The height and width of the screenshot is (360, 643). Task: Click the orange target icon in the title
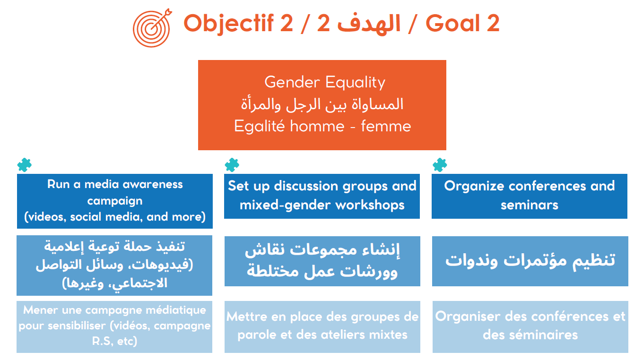[152, 28]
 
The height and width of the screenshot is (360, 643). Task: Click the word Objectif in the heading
[228, 24]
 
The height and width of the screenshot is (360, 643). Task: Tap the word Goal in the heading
[452, 23]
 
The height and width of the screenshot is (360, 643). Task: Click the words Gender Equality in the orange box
[325, 83]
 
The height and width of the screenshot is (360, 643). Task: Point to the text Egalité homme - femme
[322, 126]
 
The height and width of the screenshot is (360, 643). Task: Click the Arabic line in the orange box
[322, 104]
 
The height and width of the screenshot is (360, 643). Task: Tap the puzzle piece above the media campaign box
[25, 165]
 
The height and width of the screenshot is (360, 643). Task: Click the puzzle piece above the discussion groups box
[232, 165]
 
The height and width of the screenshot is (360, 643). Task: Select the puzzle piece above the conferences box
[440, 165]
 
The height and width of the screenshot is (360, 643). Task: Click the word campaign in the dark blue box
[115, 201]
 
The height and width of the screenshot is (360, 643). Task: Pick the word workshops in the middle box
[370, 206]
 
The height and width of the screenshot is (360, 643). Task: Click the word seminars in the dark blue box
[530, 205]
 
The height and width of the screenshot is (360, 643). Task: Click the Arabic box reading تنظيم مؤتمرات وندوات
[530, 261]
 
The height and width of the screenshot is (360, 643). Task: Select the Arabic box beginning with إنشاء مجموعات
[322, 261]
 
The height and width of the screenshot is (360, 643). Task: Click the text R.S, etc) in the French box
[114, 342]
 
